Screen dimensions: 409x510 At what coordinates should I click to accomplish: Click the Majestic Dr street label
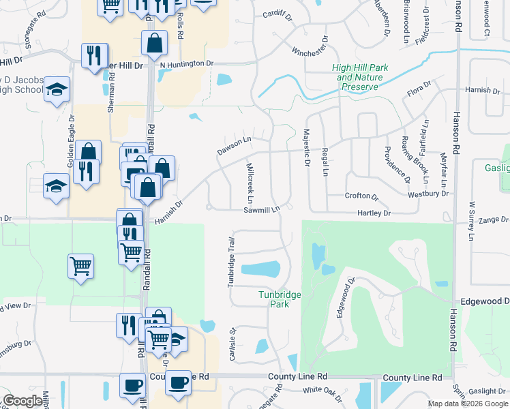pyautogui.click(x=305, y=146)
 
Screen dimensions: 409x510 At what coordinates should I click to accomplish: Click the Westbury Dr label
pyautogui.click(x=428, y=194)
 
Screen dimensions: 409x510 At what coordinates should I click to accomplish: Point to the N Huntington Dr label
pyautogui.click(x=187, y=64)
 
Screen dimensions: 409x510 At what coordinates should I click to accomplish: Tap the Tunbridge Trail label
pyautogui.click(x=231, y=262)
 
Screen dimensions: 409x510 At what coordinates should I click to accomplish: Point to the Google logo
pyautogui.click(x=22, y=401)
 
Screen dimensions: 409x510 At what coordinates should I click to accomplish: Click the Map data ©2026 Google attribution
pyautogui.click(x=467, y=404)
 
